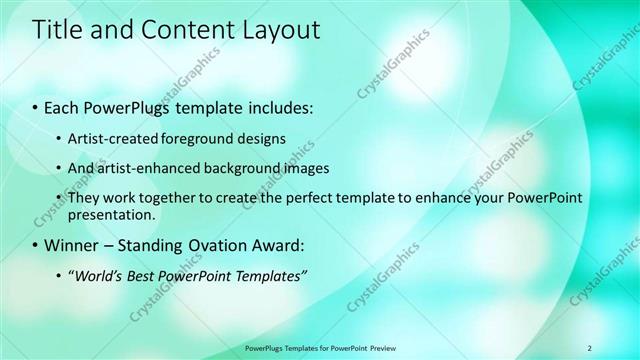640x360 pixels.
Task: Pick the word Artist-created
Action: click(111, 138)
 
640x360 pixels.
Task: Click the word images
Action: click(294, 168)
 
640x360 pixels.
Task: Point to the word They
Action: click(83, 198)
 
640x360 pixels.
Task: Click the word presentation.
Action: click(111, 214)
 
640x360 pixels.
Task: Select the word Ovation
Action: click(213, 244)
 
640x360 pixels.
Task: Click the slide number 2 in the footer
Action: click(589, 348)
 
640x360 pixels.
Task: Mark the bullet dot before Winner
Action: click(36, 245)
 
